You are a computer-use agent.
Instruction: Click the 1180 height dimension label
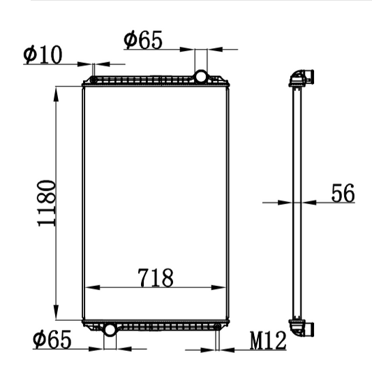point(47,203)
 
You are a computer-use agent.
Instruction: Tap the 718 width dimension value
point(156,278)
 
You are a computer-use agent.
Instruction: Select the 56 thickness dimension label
point(343,193)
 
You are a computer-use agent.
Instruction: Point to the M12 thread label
point(268,340)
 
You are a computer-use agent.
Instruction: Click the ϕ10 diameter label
point(43,55)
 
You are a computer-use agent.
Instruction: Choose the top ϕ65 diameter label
point(143,40)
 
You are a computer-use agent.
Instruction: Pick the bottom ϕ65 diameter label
point(52,339)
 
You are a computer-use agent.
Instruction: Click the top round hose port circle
point(201,77)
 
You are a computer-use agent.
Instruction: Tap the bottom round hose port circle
point(110,330)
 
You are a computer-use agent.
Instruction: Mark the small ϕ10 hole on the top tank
point(94,80)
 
